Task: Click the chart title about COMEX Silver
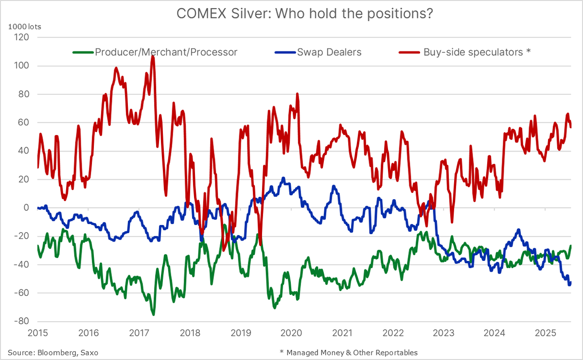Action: pyautogui.click(x=304, y=14)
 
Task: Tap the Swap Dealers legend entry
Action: pyautogui.click(x=329, y=52)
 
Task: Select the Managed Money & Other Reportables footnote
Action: pyautogui.click(x=349, y=352)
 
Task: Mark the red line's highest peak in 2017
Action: pyautogui.click(x=153, y=56)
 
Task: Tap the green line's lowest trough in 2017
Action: pyautogui.click(x=154, y=315)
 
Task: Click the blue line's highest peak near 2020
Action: pyautogui.click(x=283, y=178)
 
